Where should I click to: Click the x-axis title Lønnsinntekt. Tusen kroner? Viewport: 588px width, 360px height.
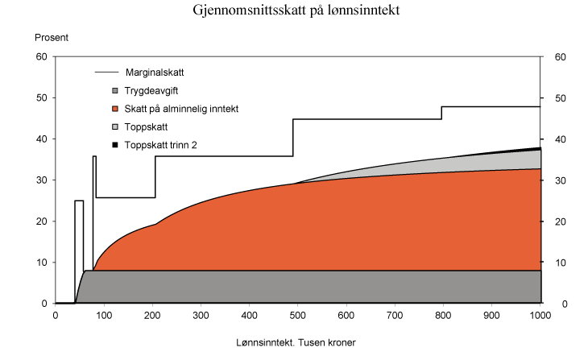[296, 342]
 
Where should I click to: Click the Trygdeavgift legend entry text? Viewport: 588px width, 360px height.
[149, 91]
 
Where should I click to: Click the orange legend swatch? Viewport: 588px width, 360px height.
[115, 109]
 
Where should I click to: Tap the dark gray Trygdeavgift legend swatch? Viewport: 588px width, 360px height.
[115, 91]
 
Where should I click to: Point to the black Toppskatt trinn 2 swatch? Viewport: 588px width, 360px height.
[115, 144]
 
